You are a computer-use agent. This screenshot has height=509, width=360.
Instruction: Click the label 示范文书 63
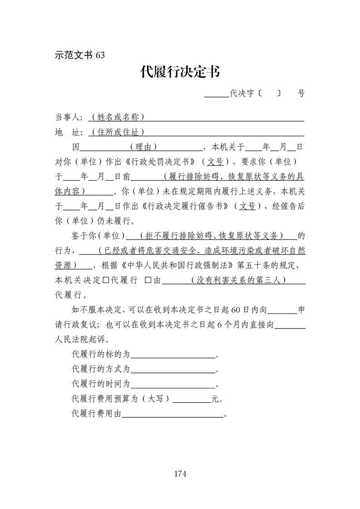click(79, 55)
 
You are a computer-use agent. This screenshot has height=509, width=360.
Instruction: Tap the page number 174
click(180, 474)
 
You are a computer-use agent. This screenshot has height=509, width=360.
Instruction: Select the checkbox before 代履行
click(105, 280)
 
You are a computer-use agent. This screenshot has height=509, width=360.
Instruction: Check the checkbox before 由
click(148, 280)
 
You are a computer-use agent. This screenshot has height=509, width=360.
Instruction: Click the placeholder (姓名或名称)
click(118, 117)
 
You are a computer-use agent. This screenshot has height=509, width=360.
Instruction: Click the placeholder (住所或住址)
click(118, 132)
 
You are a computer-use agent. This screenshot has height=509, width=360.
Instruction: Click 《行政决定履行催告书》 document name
click(185, 206)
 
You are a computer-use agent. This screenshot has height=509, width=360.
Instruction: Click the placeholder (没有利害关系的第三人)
click(238, 280)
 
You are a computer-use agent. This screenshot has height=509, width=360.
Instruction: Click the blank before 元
click(192, 399)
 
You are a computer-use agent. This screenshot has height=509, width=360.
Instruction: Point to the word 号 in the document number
click(301, 93)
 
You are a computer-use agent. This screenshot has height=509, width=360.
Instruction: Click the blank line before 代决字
click(217, 94)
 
